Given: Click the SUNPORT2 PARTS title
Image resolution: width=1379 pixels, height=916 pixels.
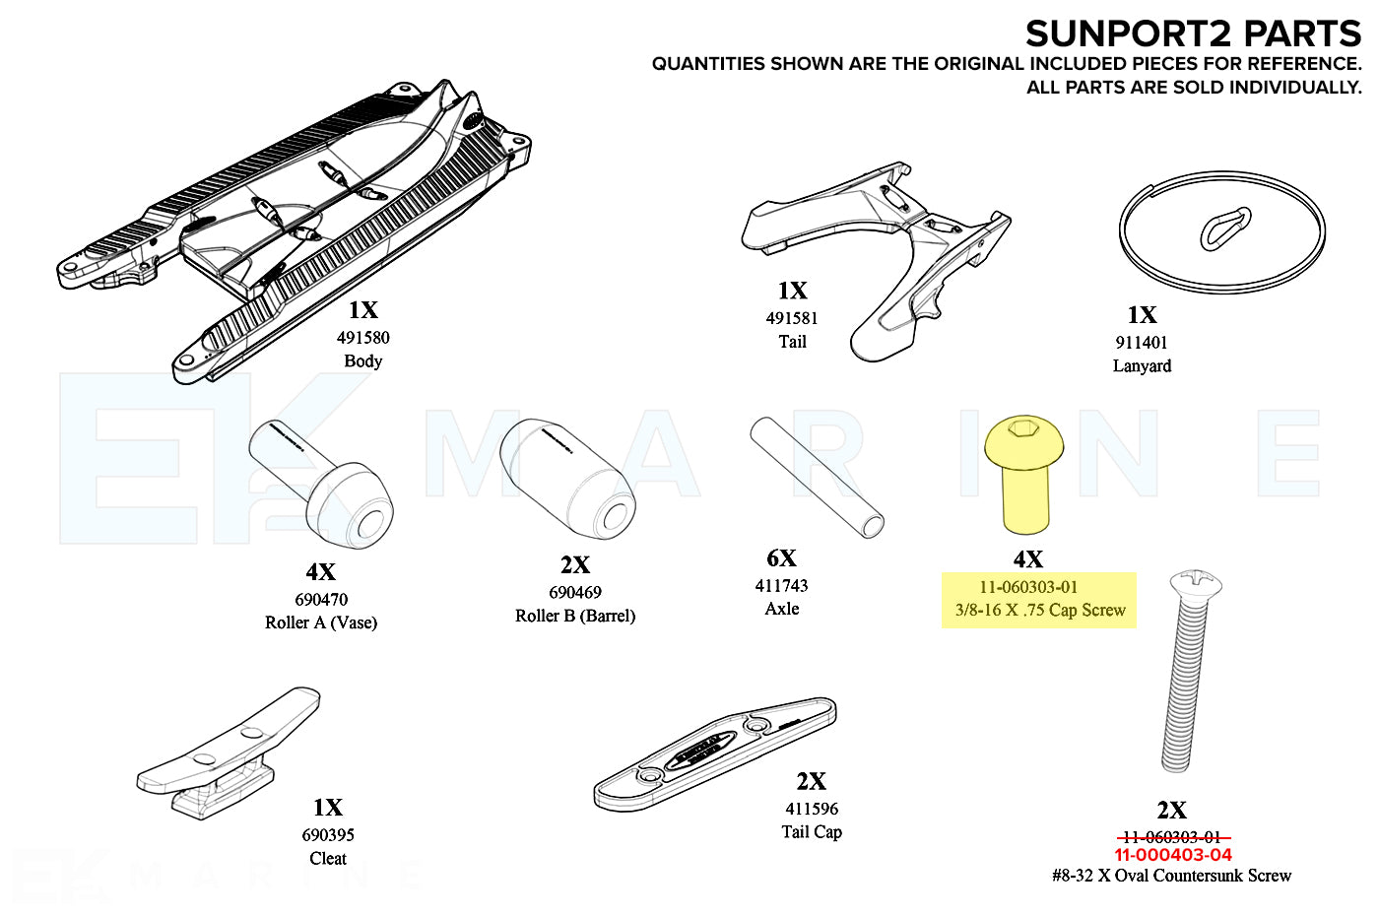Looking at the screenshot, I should [1193, 34].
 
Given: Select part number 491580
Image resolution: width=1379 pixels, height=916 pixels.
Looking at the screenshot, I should [362, 338].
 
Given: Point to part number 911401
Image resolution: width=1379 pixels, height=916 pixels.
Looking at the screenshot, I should [1141, 343].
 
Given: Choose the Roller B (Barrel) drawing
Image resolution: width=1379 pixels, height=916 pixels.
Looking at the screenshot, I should [567, 476].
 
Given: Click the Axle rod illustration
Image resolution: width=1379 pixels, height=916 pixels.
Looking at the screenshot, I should [817, 477].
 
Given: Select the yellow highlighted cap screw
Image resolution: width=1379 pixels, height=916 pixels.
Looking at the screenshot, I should [1024, 472].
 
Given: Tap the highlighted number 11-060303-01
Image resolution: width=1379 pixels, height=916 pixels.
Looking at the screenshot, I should [1028, 587].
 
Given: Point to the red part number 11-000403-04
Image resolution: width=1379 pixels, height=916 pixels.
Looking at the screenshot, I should [1172, 855].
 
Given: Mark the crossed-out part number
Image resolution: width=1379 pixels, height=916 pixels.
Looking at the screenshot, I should [1172, 837].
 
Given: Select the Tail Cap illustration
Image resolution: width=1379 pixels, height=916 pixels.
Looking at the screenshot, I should [715, 753].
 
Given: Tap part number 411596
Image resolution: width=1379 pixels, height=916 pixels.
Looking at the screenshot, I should [812, 809].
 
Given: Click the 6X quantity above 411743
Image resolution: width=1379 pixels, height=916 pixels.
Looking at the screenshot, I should [781, 558].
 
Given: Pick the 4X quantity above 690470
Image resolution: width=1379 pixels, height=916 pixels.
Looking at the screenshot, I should [320, 572].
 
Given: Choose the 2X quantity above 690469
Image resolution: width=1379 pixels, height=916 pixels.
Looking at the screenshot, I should [575, 565].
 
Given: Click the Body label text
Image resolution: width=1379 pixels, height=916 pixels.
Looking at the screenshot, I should [362, 361].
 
